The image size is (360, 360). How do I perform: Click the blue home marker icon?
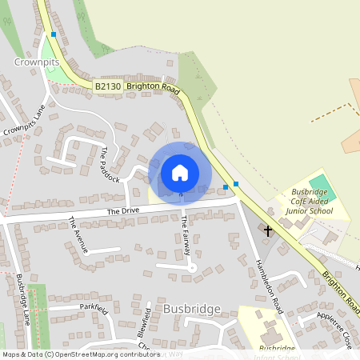click(x=180, y=171)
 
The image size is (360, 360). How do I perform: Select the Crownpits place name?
click(x=37, y=61)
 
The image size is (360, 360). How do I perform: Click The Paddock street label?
click(x=110, y=164)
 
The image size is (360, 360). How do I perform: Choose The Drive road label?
click(x=124, y=211)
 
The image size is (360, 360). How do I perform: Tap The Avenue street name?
click(x=78, y=235)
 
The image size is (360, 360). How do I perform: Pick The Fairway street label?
click(x=186, y=235)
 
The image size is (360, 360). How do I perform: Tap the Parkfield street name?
click(x=93, y=306)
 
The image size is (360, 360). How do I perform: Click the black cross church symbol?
click(x=268, y=230)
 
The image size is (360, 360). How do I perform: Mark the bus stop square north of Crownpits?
click(x=54, y=34)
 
